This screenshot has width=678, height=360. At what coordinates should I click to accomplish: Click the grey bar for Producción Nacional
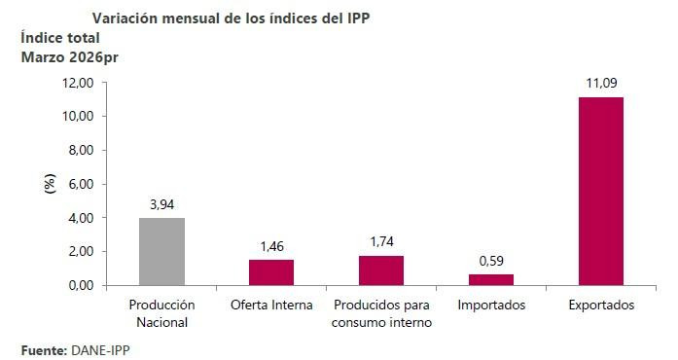161,251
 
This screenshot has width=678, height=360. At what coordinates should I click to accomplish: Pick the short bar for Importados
491,280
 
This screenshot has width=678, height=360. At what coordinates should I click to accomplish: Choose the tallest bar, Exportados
601,191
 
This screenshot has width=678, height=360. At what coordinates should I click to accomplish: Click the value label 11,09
601,84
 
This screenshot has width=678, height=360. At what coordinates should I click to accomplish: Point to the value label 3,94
161,204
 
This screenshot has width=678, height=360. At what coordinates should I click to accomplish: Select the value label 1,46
271,246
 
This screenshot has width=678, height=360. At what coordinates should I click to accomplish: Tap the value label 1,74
381,241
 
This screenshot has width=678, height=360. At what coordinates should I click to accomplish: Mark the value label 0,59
491,261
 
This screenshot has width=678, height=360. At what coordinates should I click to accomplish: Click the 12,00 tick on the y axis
77,83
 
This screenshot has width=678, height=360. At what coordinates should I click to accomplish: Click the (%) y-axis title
51,184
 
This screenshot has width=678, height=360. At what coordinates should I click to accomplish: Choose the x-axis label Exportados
601,306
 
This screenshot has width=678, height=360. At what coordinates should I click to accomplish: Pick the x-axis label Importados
491,306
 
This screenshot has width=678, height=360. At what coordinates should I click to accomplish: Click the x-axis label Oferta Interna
271,306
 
